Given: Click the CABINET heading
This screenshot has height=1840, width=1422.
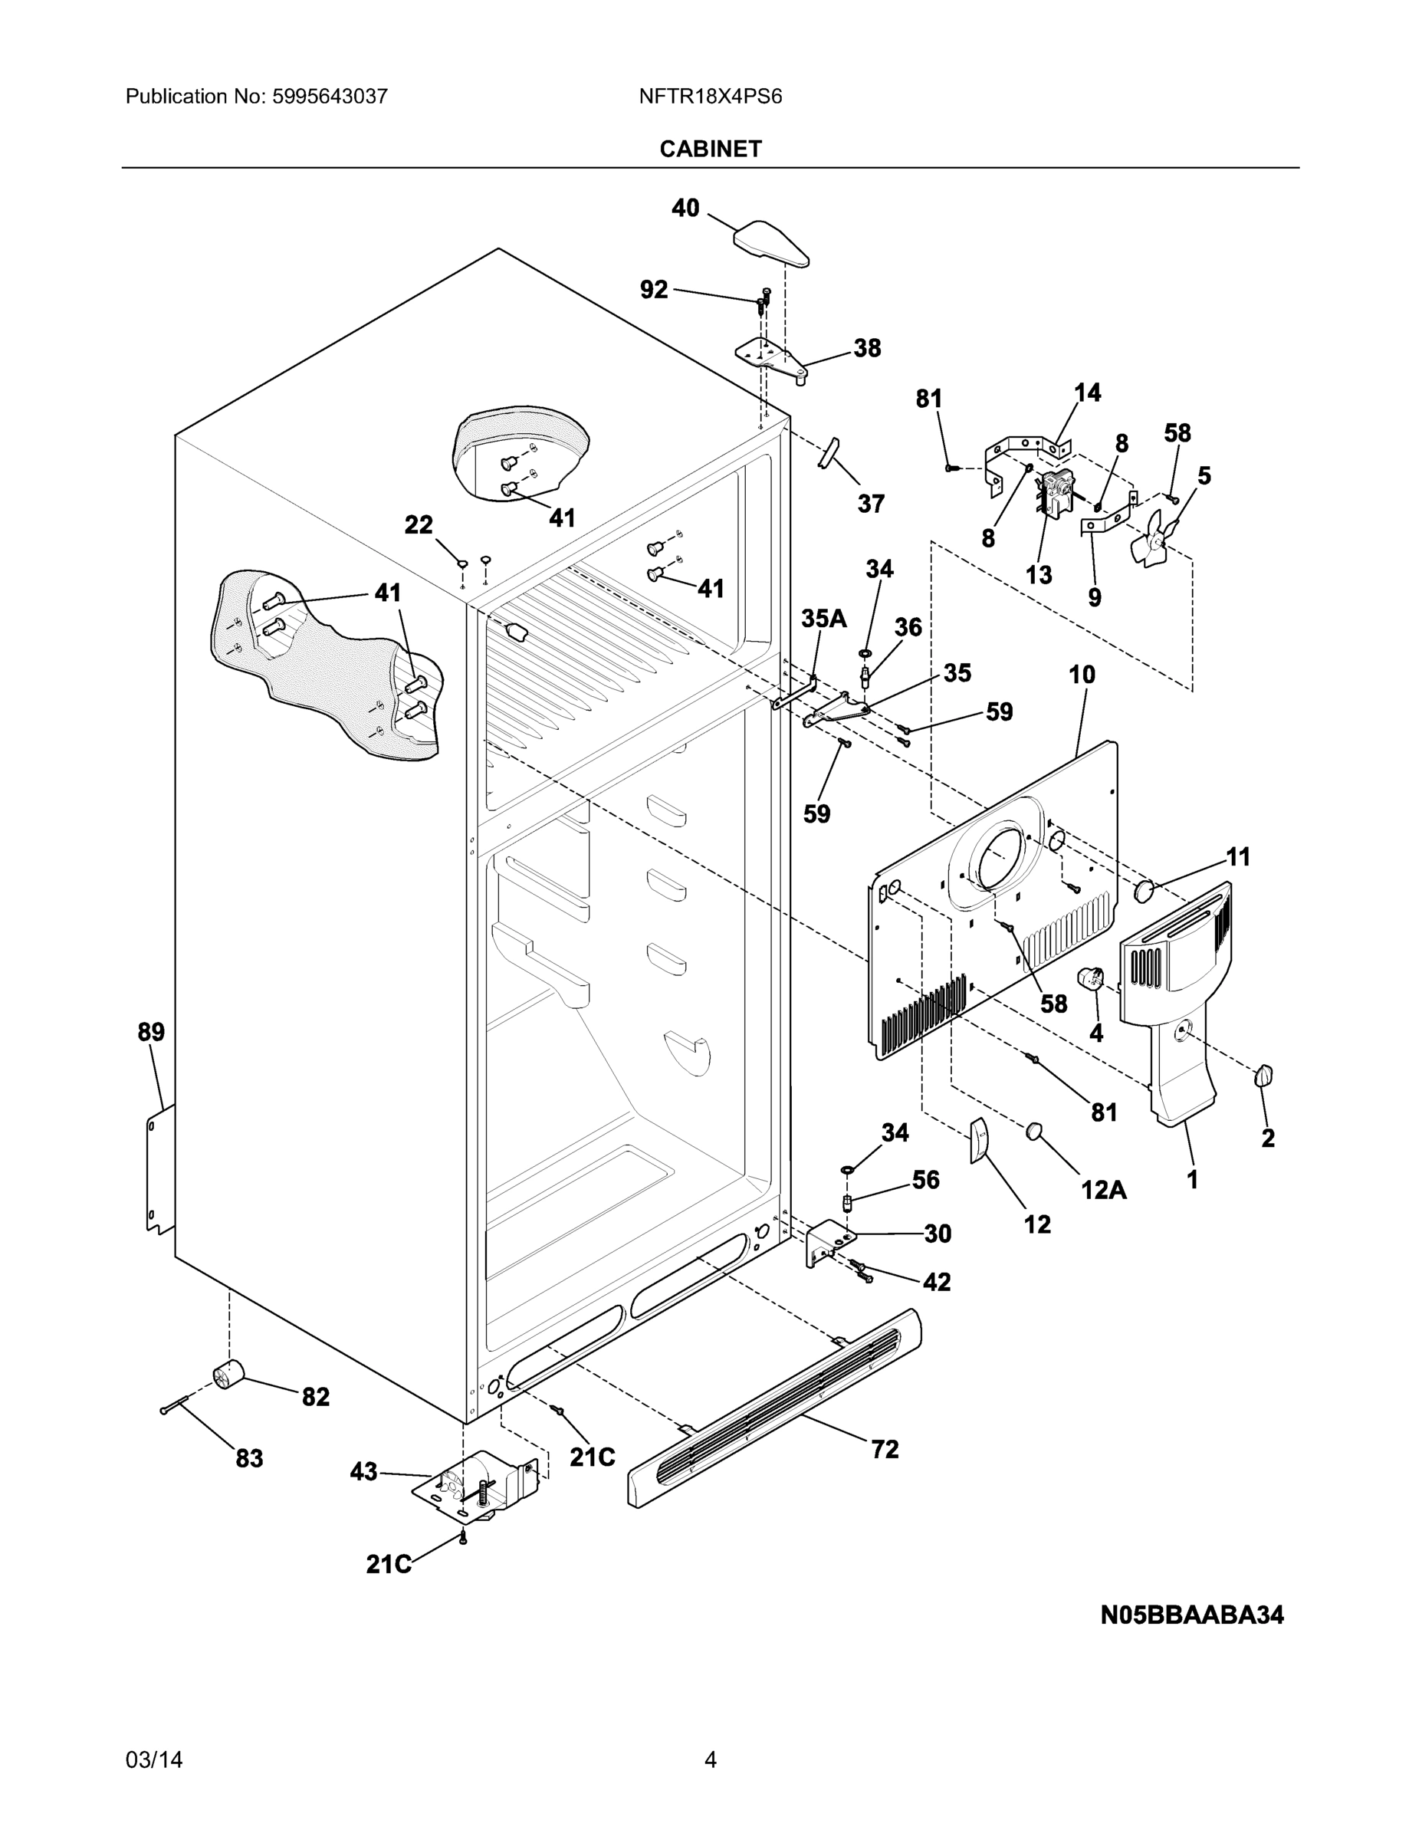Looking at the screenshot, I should tap(710, 149).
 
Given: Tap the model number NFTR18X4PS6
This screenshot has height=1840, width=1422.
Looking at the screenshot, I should tap(710, 97).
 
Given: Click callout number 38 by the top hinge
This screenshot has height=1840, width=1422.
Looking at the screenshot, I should tap(867, 348).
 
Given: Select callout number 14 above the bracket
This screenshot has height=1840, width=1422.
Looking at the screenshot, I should tap(1087, 393).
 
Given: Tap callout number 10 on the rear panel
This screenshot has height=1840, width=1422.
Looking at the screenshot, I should tap(1082, 674).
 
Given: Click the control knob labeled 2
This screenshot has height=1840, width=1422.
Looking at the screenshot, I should tap(1263, 1076).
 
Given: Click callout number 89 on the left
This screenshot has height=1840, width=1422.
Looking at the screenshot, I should tap(152, 1032).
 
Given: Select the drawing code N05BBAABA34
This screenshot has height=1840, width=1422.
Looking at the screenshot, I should tap(1192, 1615).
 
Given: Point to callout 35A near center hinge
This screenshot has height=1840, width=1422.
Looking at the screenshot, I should tap(823, 619).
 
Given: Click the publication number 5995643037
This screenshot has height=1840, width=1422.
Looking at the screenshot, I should tap(330, 97).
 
